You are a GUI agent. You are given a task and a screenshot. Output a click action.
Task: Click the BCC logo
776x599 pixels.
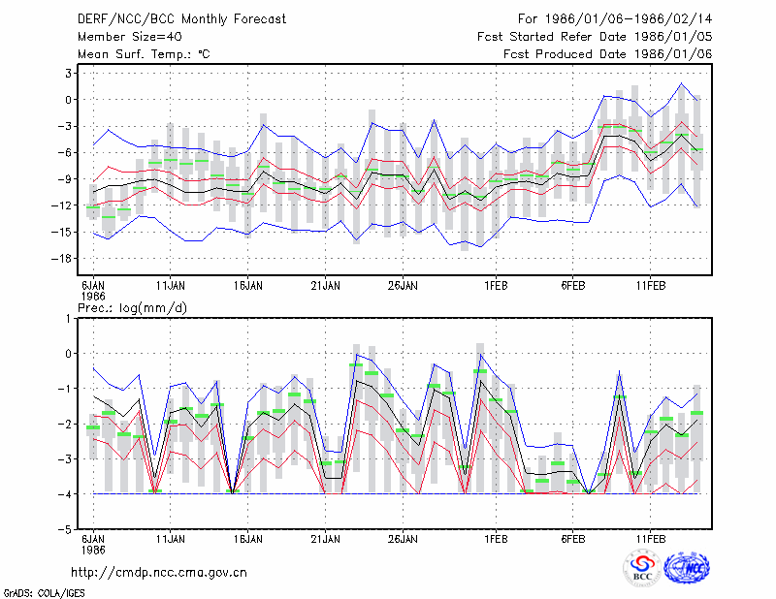tap(642, 568)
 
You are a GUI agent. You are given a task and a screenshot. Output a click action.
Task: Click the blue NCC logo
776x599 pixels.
tap(687, 568)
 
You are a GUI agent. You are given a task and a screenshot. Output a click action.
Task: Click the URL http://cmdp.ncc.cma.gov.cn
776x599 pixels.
tap(159, 573)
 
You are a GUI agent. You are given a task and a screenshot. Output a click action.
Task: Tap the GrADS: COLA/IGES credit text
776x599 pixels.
tap(44, 593)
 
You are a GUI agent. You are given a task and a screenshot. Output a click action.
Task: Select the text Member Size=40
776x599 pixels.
tap(130, 37)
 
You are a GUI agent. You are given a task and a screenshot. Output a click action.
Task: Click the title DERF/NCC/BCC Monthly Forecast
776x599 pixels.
tap(181, 19)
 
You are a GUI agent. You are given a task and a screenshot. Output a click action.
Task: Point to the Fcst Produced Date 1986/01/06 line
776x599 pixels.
tap(608, 54)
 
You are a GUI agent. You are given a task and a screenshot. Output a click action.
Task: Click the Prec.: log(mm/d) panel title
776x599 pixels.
tap(132, 308)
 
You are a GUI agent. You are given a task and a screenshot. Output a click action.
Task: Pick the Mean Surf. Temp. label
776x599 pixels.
tap(144, 54)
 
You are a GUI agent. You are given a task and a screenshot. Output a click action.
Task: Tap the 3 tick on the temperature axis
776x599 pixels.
tap(68, 74)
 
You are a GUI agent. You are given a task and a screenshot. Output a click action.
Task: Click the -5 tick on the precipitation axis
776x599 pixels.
tap(65, 529)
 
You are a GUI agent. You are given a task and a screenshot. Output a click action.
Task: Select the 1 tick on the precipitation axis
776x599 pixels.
tap(68, 319)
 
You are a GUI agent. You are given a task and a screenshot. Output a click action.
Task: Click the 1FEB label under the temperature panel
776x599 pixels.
tap(496, 286)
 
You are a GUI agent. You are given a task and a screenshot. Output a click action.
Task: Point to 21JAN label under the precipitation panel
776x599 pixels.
tap(325, 539)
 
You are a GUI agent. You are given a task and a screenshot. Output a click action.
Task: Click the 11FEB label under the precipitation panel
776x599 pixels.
tap(650, 539)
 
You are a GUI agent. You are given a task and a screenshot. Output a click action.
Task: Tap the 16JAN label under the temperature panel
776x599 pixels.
tap(248, 286)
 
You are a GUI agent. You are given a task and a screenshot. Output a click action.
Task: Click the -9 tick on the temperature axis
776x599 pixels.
tap(65, 179)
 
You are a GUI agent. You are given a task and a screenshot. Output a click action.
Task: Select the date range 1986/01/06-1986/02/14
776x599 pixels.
tap(629, 19)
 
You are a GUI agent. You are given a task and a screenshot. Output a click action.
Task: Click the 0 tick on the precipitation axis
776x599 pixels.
tap(68, 354)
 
